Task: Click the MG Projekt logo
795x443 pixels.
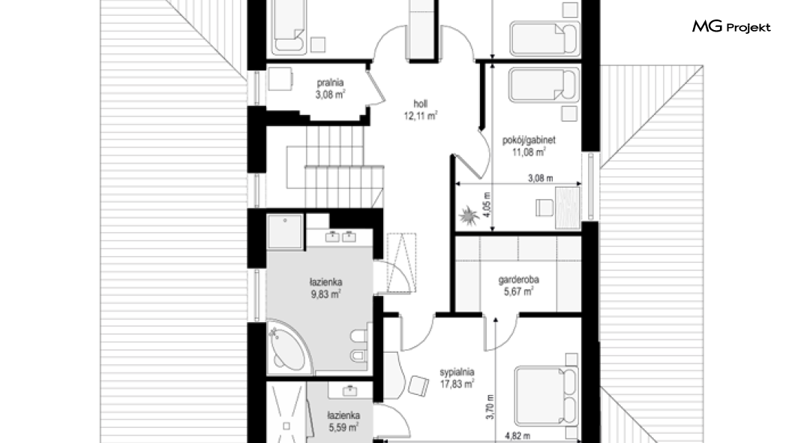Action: (x=731, y=26)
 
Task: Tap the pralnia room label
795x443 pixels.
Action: (x=330, y=82)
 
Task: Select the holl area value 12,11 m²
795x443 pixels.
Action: (x=420, y=116)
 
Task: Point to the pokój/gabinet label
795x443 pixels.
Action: (x=529, y=140)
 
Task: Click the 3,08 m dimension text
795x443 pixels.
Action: (x=541, y=178)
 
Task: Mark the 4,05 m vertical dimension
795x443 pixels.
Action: (x=487, y=204)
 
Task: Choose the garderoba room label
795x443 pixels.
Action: (x=518, y=279)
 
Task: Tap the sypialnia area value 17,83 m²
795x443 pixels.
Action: (x=457, y=384)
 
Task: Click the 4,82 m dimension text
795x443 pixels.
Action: (x=517, y=435)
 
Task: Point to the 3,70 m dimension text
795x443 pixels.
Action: (x=490, y=407)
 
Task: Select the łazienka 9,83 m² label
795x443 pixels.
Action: (x=326, y=288)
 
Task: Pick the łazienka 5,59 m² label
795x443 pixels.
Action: (x=343, y=422)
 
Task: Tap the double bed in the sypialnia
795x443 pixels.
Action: (x=546, y=396)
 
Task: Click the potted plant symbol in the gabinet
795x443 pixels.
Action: (x=469, y=216)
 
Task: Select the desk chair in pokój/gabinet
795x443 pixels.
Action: (x=544, y=207)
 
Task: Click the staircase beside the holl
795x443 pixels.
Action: (x=334, y=167)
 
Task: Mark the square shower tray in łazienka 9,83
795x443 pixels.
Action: (x=285, y=231)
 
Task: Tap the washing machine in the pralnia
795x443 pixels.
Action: (x=280, y=79)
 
